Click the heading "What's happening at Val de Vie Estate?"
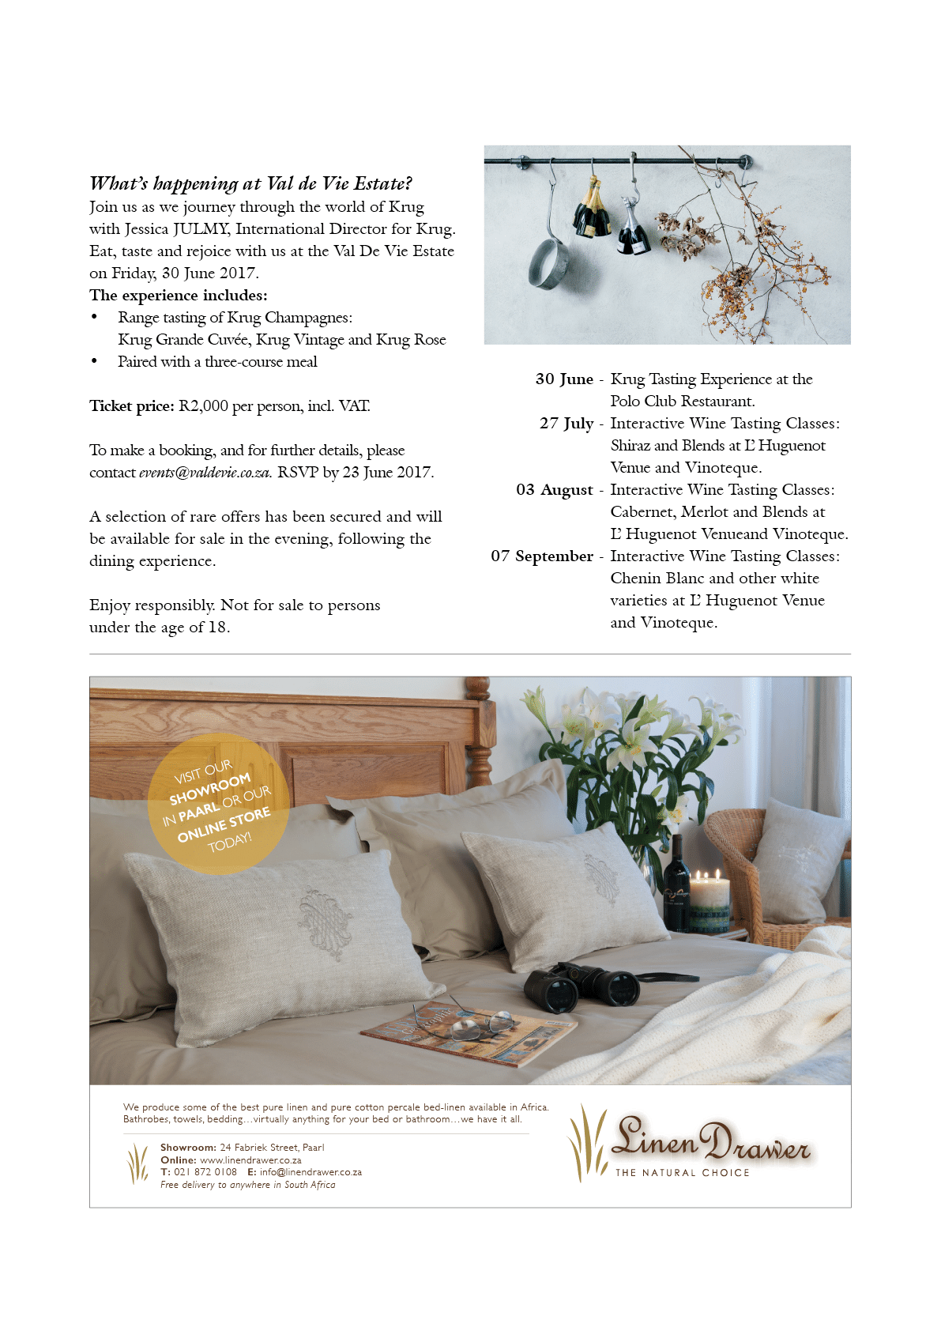point(250,183)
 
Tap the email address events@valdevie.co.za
point(205,473)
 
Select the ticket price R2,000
point(203,406)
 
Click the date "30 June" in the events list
point(563,379)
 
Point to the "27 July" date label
point(566,424)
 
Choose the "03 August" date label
point(554,490)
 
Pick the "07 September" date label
point(541,556)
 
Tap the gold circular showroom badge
point(218,803)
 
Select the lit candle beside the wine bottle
point(710,899)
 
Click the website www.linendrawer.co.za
point(250,1160)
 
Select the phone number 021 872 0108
point(205,1172)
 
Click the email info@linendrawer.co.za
point(311,1172)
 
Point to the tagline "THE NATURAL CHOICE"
point(682,1173)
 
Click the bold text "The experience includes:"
point(179,296)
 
